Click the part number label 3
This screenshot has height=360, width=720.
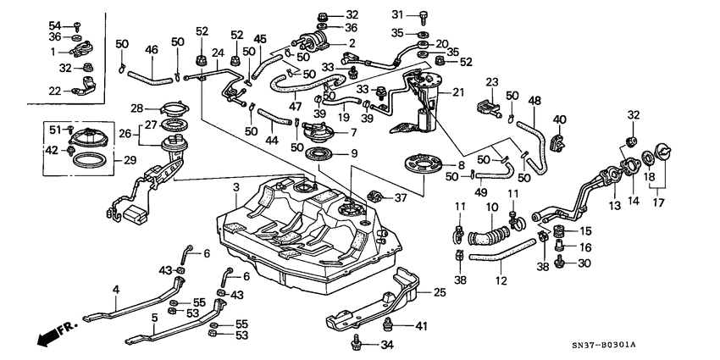(236, 186)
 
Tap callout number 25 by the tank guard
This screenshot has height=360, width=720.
(439, 293)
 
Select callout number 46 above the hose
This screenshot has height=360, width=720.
(152, 51)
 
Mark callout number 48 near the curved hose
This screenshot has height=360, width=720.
(534, 101)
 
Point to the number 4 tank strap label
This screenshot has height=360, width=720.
(116, 290)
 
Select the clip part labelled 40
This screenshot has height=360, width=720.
(557, 139)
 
